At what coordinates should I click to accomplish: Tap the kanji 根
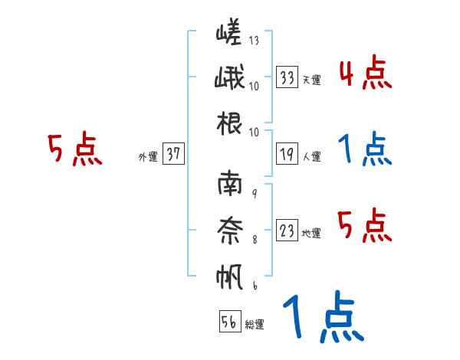[x=229, y=124]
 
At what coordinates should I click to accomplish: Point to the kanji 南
[x=229, y=184]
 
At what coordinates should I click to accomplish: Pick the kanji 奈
[x=229, y=229]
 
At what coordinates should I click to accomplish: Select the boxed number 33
[x=287, y=77]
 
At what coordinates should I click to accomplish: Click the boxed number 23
[x=287, y=231]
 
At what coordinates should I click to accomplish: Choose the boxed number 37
[x=173, y=154]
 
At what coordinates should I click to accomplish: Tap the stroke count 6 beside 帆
[x=254, y=286]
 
